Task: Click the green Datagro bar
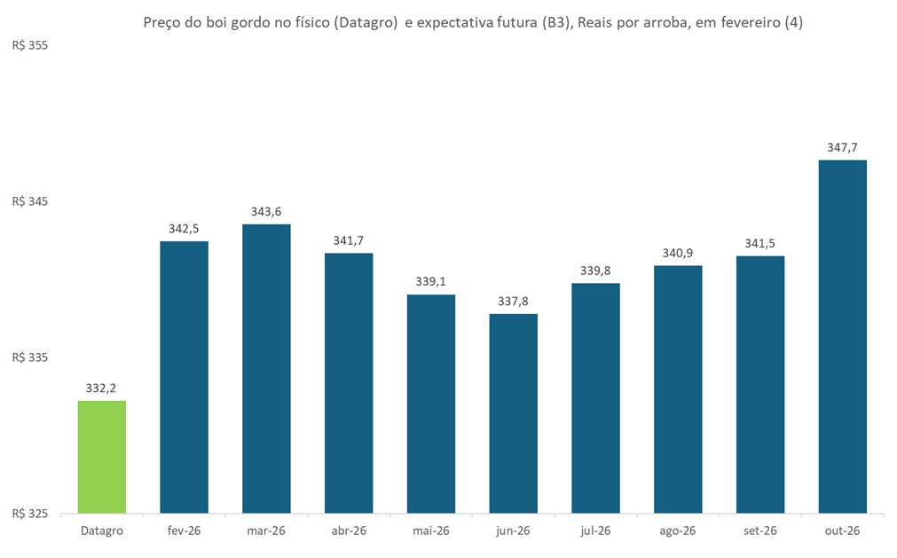(102, 457)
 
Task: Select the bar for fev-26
(184, 377)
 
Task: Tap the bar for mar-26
(266, 368)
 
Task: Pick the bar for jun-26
(513, 413)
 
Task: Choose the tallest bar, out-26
(842, 337)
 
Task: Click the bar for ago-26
(678, 389)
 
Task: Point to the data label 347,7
(842, 148)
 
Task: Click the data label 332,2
(102, 389)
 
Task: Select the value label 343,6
(266, 212)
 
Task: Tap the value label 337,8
(513, 302)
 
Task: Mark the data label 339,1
(431, 282)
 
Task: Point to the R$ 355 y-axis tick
(29, 45)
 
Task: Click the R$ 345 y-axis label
(29, 202)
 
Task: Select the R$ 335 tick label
(29, 358)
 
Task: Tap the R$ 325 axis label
(29, 514)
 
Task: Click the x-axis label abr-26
(349, 530)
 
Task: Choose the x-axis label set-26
(759, 530)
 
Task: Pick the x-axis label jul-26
(595, 530)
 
